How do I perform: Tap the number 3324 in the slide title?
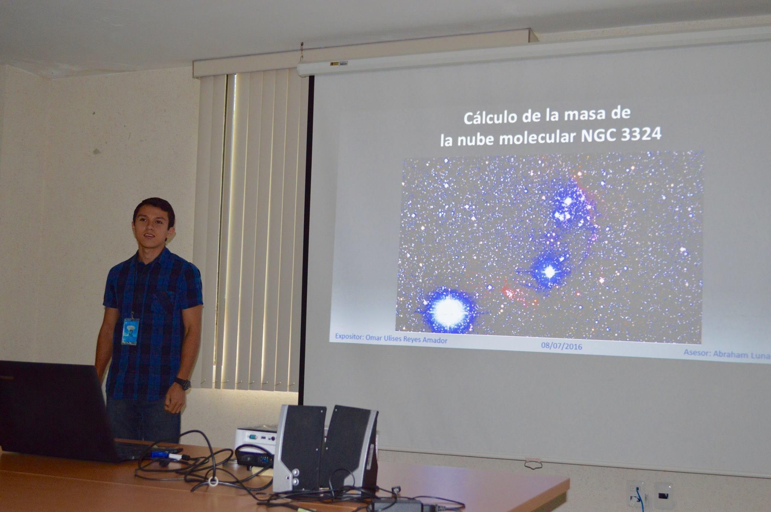point(640,134)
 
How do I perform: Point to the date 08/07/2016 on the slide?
point(562,346)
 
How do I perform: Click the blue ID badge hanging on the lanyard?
point(130,331)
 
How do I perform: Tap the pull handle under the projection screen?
point(533,465)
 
